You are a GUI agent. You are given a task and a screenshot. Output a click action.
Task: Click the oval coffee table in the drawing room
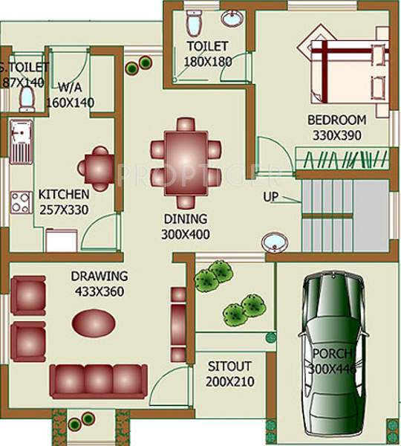pyautogui.click(x=93, y=323)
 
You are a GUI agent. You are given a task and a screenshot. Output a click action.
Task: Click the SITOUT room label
pyautogui.click(x=229, y=366)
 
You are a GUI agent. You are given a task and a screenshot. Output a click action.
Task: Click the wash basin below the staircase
pyautogui.click(x=275, y=242)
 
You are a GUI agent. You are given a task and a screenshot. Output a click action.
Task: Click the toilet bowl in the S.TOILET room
pyautogui.click(x=27, y=98)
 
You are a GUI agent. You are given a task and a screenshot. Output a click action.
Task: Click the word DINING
pyautogui.click(x=187, y=219)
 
